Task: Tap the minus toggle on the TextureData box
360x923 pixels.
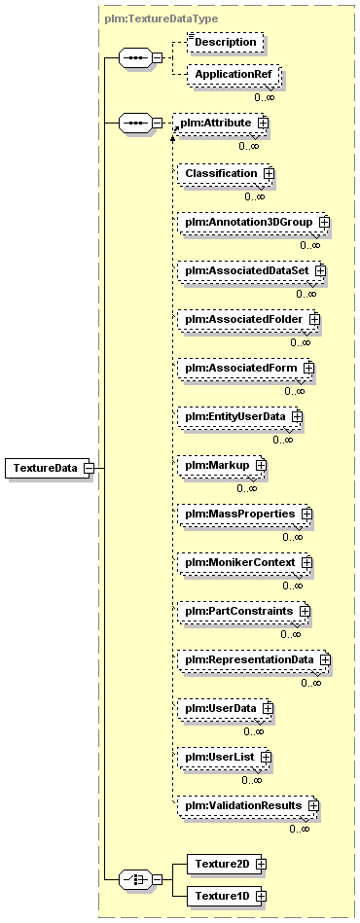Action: [x=89, y=468]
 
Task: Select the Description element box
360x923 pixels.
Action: [x=225, y=43]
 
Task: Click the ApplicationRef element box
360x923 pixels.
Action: [x=233, y=75]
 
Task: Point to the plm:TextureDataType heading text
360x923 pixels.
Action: [x=161, y=18]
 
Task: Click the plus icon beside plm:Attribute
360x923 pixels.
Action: [x=262, y=123]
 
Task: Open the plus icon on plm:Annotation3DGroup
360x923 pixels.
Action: [x=323, y=223]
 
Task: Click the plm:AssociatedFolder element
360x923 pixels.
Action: [x=249, y=319]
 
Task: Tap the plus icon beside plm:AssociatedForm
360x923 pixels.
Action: [x=308, y=368]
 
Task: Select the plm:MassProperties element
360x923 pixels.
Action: [x=245, y=514]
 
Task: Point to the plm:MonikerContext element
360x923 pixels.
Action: [x=245, y=563]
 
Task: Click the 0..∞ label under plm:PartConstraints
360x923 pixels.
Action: [x=291, y=634]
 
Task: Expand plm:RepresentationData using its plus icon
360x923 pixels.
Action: [x=324, y=659]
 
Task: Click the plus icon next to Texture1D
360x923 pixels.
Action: [x=261, y=896]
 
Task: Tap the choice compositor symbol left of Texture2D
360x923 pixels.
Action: [x=135, y=880]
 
